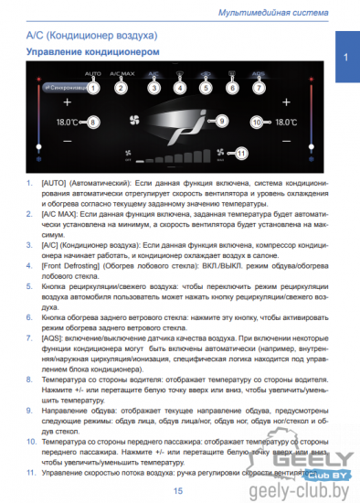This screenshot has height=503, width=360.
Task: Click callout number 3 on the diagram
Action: pyautogui.click(x=154, y=88)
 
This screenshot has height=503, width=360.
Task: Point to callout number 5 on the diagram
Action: pyautogui.click(x=206, y=88)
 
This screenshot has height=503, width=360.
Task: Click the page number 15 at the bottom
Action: pyautogui.click(x=178, y=492)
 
